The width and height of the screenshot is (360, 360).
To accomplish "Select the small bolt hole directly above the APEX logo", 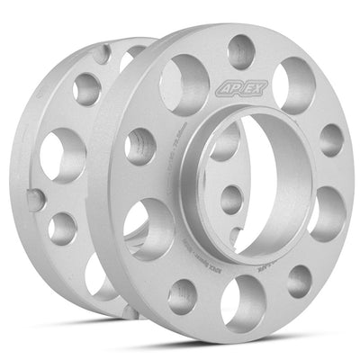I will tap(240, 50).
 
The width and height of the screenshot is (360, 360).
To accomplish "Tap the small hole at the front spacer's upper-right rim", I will tap(330, 138).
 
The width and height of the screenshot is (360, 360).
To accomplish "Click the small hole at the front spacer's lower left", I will tap(183, 294).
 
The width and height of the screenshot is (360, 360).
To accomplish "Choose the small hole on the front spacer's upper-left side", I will tap(140, 144).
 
